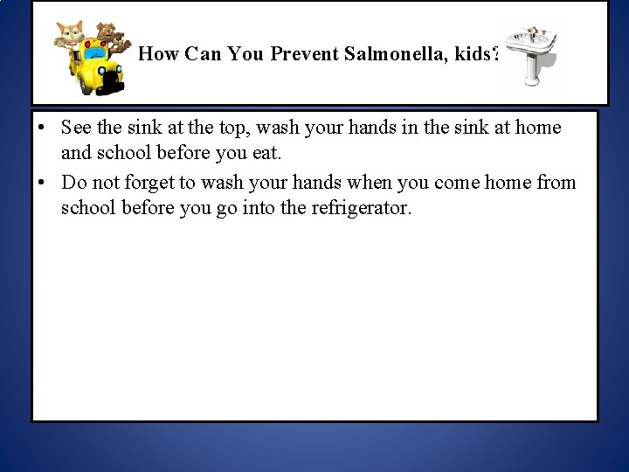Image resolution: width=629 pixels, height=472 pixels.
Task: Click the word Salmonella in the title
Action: click(x=404, y=55)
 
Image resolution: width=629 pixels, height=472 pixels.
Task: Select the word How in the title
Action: click(x=157, y=55)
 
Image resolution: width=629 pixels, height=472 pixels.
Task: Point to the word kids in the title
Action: click(x=477, y=55)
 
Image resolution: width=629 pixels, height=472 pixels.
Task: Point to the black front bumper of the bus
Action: click(x=111, y=84)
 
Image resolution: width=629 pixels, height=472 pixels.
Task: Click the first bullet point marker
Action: click(x=42, y=128)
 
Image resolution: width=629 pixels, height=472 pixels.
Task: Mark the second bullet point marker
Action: click(x=42, y=183)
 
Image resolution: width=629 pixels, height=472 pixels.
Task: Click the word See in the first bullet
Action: click(x=75, y=128)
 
